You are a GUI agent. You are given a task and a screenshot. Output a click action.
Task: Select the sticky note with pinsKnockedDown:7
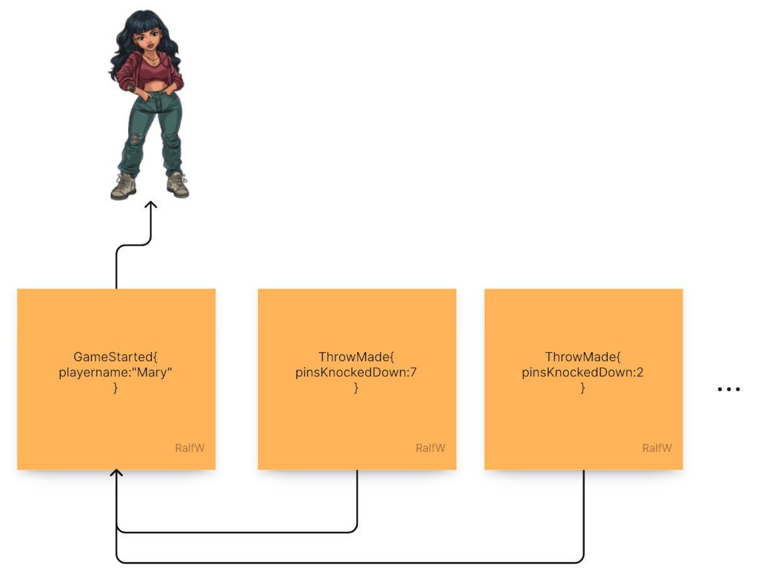(357, 421)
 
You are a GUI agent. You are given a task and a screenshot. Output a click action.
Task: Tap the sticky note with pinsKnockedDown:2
(583, 421)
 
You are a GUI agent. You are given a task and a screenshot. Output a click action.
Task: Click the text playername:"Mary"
(116, 373)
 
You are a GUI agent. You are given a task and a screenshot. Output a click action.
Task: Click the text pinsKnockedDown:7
(356, 373)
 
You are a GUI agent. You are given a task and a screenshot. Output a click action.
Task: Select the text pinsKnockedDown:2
(583, 373)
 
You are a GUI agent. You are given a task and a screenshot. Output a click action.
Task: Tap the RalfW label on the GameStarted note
(190, 448)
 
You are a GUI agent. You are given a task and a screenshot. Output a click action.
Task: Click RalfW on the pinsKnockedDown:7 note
(430, 448)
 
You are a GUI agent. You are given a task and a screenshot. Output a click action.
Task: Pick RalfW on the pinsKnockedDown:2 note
(657, 448)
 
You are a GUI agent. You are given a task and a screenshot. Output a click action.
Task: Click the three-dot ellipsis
(729, 390)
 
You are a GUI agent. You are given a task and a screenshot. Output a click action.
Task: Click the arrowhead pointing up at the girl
(151, 206)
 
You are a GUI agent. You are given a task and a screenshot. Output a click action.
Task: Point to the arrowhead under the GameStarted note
(116, 473)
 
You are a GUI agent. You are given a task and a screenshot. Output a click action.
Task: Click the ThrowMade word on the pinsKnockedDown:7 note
(353, 358)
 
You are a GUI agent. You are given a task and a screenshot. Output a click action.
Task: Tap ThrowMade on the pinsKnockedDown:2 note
(580, 358)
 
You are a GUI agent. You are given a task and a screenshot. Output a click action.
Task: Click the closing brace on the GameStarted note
(116, 388)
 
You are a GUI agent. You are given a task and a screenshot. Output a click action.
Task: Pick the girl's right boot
(178, 185)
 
